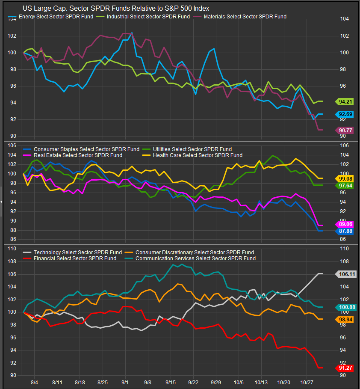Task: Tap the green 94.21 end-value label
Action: pos(345,102)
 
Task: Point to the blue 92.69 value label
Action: pos(345,114)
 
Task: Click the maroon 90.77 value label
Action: pos(345,130)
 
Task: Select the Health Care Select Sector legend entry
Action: pos(197,155)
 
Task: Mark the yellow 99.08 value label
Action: pos(345,178)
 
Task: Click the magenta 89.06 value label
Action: pos(345,224)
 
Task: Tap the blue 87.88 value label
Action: pos(345,231)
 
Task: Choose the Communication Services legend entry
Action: pos(195,258)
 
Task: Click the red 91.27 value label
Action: pos(345,368)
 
